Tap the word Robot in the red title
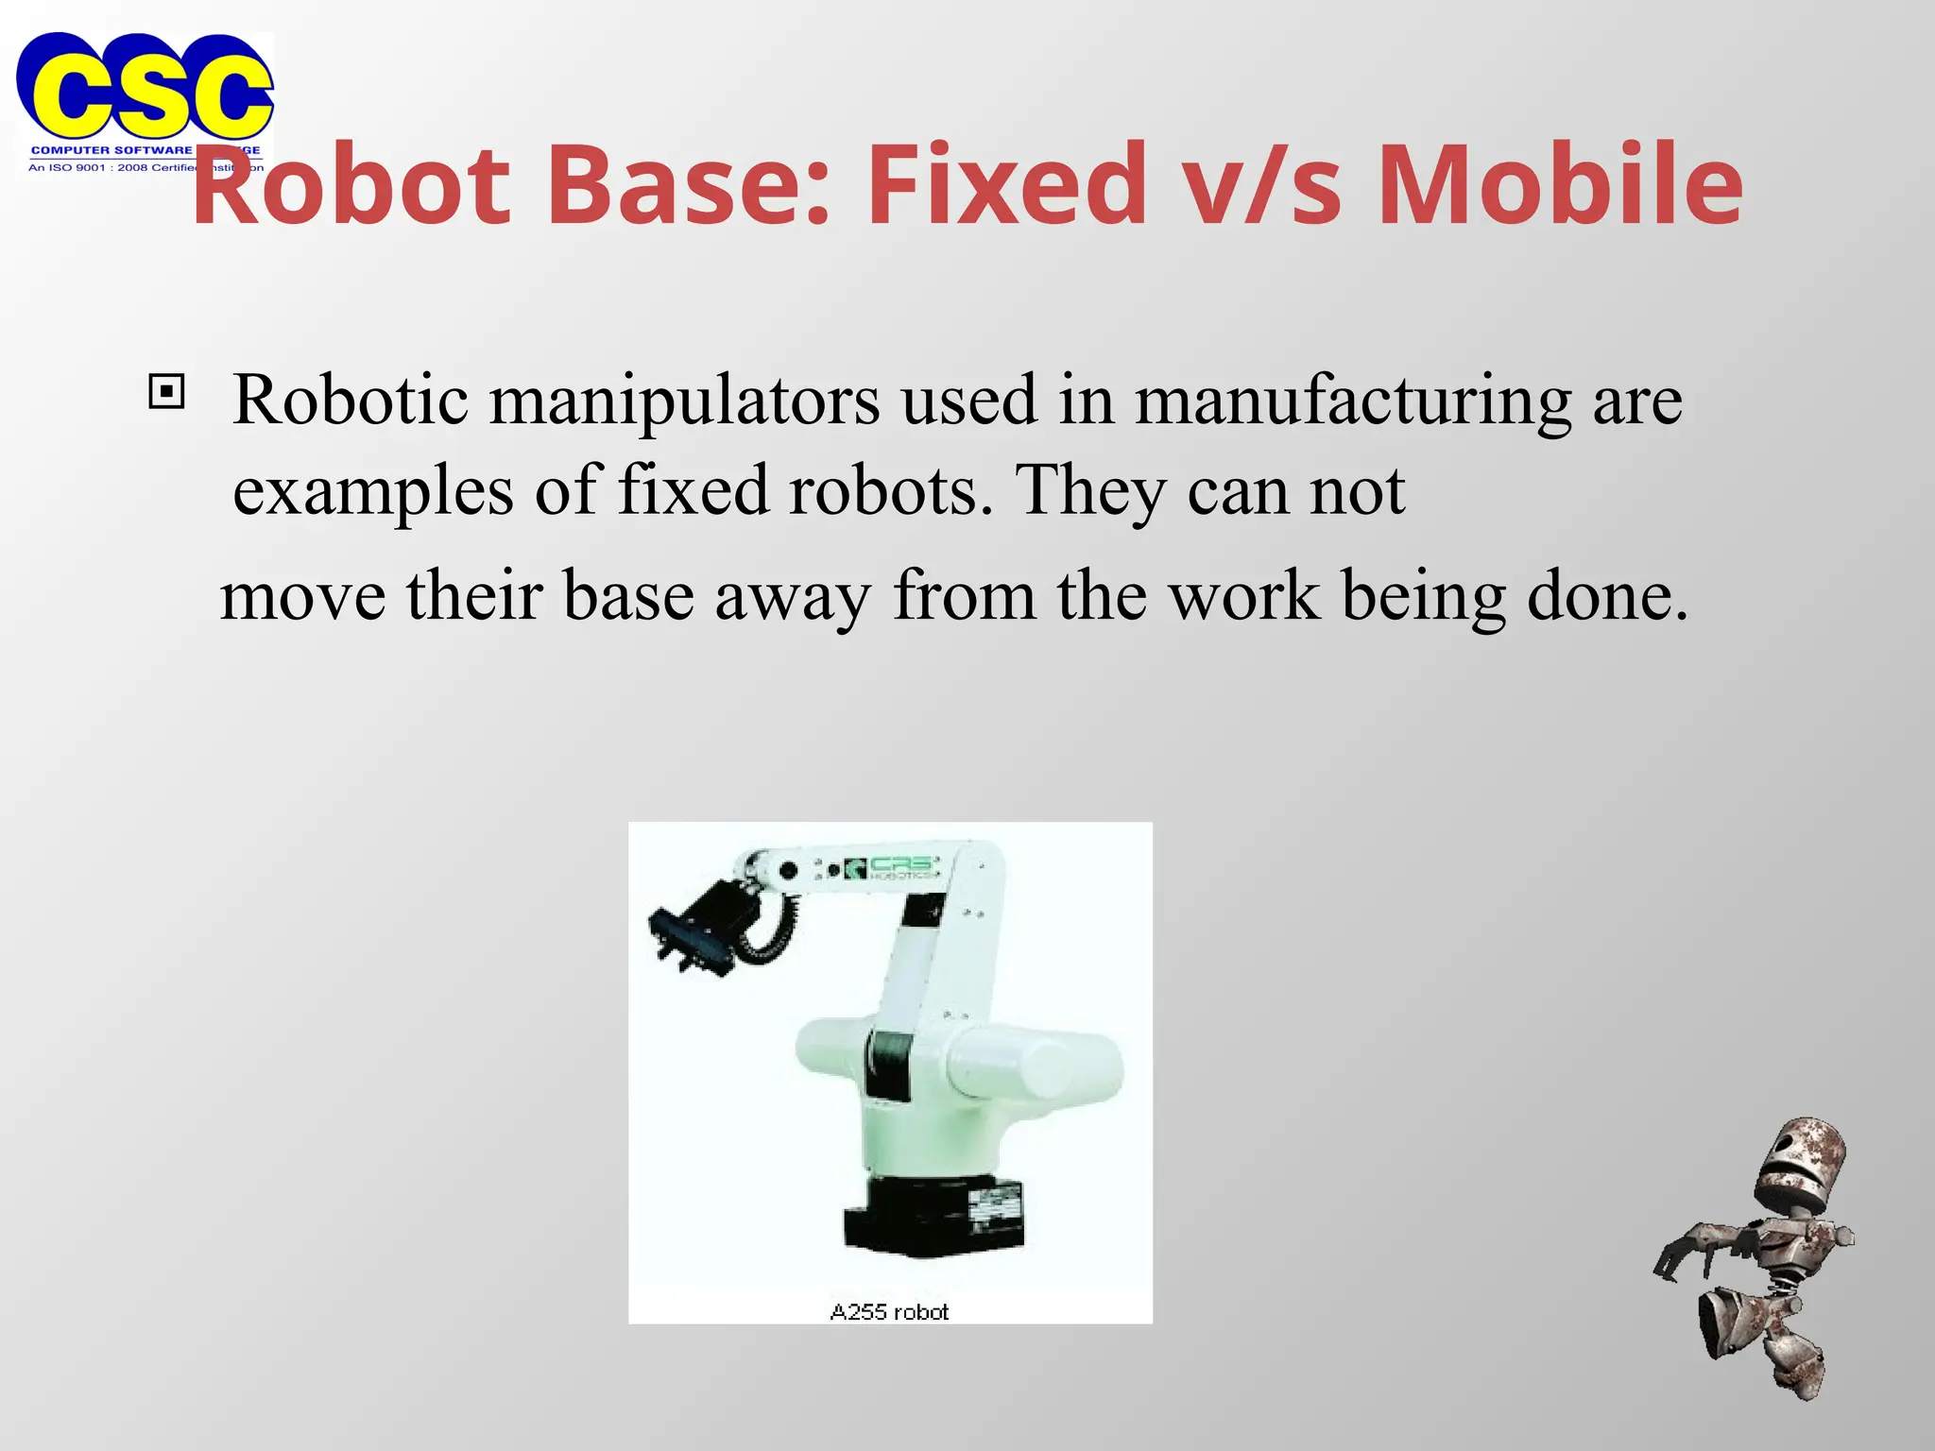click(351, 184)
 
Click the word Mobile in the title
click(1560, 184)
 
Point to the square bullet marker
click(167, 390)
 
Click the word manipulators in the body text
click(684, 401)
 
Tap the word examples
click(373, 491)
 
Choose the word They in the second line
click(1090, 491)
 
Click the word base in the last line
click(629, 596)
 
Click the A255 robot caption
click(889, 1311)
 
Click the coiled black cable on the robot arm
click(770, 930)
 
